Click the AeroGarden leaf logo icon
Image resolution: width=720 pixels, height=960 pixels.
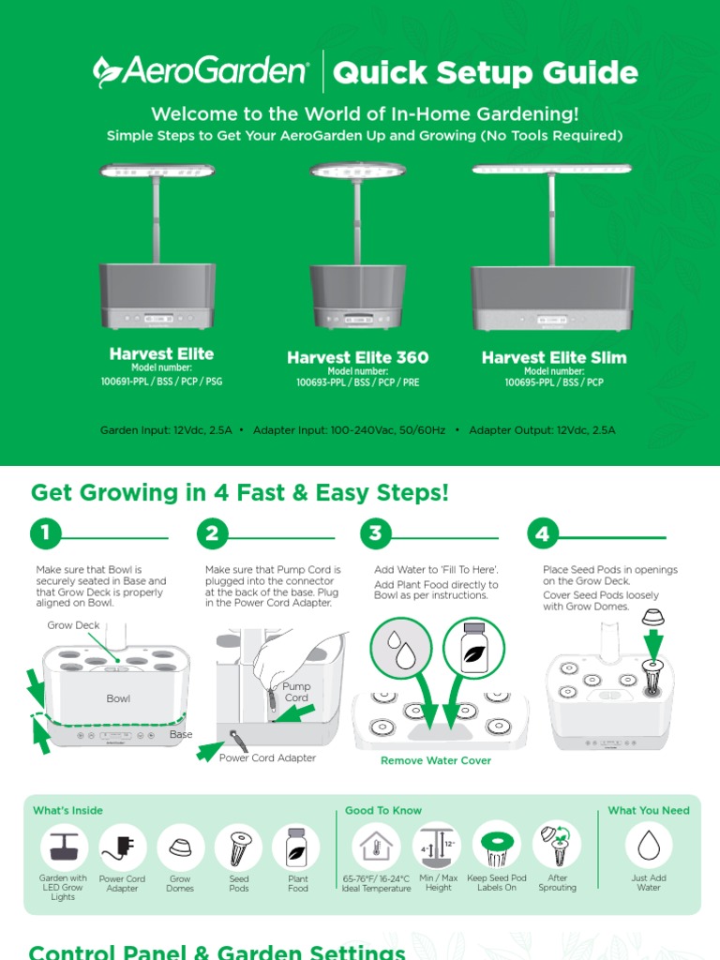click(106, 71)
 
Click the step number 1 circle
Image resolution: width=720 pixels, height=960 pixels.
click(45, 533)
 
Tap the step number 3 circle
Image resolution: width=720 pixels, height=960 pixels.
click(375, 533)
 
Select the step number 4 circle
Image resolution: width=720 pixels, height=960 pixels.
click(543, 533)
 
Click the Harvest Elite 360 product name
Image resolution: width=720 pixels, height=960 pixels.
click(357, 357)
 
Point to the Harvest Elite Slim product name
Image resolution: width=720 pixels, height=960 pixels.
click(554, 357)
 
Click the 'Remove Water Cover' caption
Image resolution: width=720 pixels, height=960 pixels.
click(436, 760)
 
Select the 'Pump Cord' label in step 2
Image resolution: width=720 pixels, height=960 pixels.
click(296, 692)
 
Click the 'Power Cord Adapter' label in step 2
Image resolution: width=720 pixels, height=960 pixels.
click(267, 757)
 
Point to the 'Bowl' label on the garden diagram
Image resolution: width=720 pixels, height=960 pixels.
click(118, 698)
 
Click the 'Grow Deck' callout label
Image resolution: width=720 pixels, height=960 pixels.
click(73, 625)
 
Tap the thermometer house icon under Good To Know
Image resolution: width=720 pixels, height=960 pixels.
click(376, 847)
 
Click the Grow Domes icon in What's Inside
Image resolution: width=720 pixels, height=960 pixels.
click(180, 847)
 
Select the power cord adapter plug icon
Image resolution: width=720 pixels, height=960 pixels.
click(122, 847)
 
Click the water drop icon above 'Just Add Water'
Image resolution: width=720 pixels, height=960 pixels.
click(649, 846)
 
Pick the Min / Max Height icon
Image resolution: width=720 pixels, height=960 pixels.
click(437, 847)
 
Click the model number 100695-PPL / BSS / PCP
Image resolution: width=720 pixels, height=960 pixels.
click(554, 382)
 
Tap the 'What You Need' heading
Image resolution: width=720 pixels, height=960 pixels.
click(649, 810)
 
